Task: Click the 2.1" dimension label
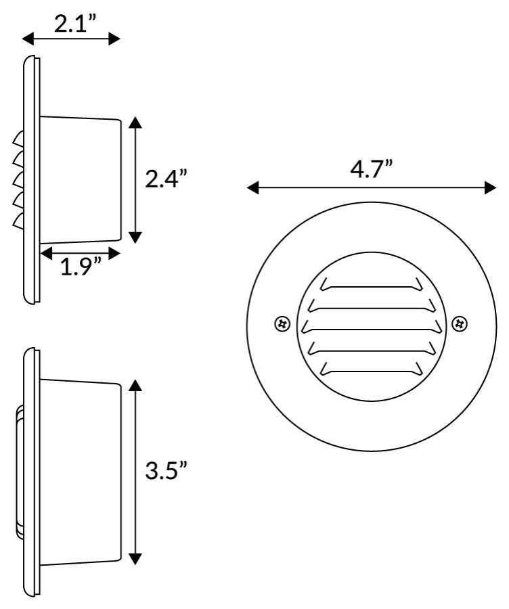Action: pos(75,24)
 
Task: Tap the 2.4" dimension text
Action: pos(167,179)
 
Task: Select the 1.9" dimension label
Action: pos(81,267)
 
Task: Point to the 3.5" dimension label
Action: pos(167,470)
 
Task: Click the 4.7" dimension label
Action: pos(372,169)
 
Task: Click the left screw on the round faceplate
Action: pos(282,323)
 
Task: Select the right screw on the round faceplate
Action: pos(460,323)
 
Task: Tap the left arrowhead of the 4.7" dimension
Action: pos(253,188)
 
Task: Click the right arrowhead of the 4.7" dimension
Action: pos(491,188)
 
